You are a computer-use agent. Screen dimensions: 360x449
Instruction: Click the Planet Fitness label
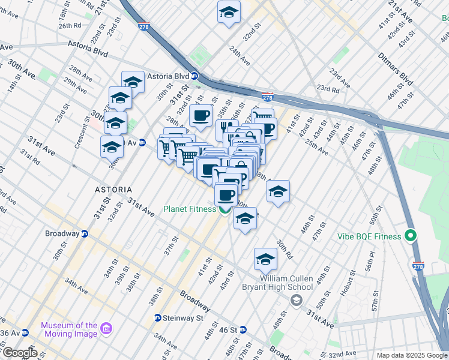click(x=190, y=209)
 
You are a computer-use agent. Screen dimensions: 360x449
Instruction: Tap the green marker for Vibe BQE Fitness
click(x=411, y=235)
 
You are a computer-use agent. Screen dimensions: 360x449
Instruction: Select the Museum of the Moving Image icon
click(x=106, y=328)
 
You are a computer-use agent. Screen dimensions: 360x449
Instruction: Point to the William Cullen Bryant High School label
click(x=286, y=283)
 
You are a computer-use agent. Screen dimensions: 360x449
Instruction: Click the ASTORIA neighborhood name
click(x=113, y=190)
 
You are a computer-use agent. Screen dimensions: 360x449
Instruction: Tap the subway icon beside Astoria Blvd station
click(x=194, y=76)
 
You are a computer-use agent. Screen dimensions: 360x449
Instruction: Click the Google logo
click(x=20, y=353)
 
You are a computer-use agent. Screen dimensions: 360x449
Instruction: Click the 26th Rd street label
click(x=70, y=26)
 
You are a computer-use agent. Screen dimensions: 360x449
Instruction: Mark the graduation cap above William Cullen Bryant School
click(x=265, y=259)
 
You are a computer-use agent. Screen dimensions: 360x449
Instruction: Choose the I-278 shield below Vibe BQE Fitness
click(x=418, y=265)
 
